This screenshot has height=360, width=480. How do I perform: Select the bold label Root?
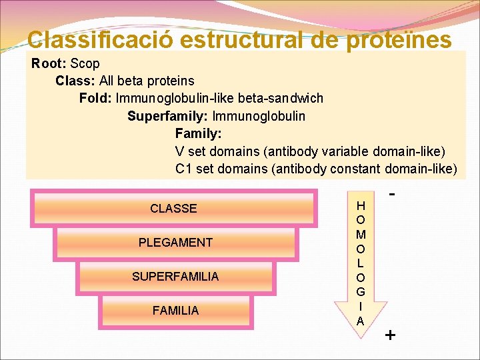47,64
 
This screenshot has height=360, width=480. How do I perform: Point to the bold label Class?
75,81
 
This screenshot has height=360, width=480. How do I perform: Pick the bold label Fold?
95,99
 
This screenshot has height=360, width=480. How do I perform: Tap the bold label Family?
198,133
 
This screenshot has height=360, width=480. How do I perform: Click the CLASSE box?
173,209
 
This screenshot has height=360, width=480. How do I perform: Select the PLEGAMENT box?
175,243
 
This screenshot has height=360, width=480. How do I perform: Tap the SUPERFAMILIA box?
175,276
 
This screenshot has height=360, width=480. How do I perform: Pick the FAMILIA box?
175,310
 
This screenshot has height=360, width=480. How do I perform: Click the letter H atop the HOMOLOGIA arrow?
360,206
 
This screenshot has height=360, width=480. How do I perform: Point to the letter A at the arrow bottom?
360,321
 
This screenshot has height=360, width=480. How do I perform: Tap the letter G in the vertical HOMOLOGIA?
360,292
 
